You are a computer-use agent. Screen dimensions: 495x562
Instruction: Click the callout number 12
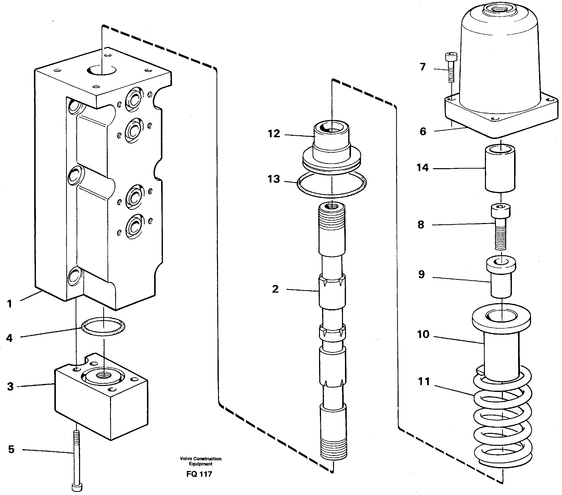[274, 134]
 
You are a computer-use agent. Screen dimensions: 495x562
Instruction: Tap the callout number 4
[9, 338]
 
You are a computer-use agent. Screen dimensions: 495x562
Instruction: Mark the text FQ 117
[199, 474]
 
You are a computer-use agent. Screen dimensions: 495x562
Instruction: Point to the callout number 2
[275, 289]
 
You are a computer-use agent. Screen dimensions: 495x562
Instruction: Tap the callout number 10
[423, 334]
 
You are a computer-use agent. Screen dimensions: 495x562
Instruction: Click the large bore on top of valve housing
[102, 70]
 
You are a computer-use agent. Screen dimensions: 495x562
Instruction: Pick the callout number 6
[423, 131]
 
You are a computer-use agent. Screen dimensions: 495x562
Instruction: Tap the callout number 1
[10, 304]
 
